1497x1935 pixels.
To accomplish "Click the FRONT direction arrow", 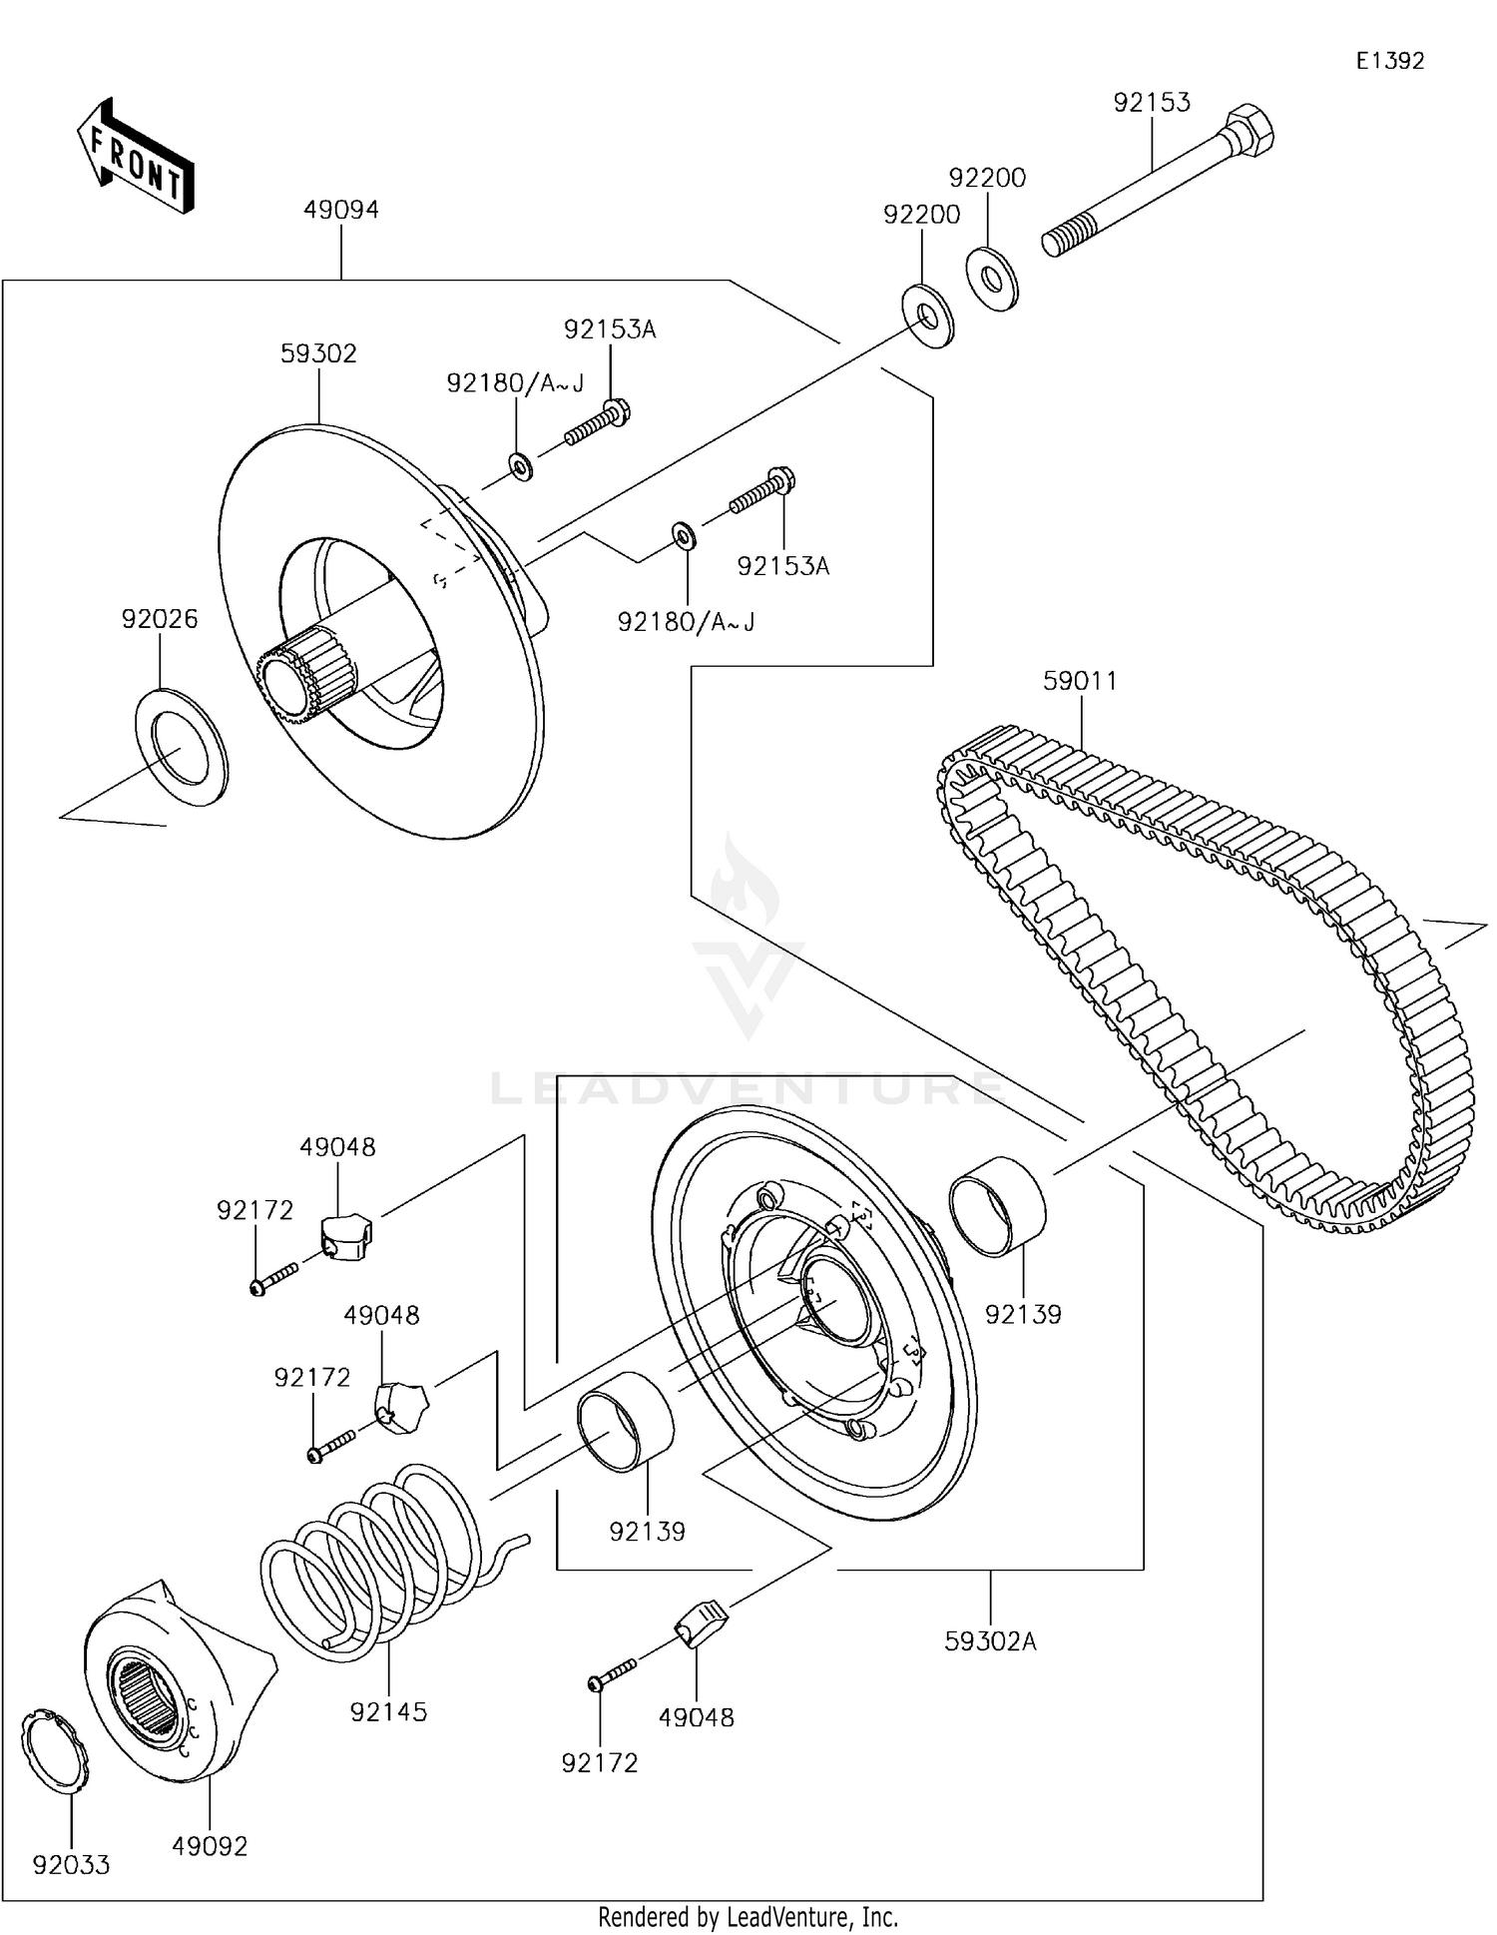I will coord(135,158).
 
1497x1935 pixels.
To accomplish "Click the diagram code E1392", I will coord(1389,61).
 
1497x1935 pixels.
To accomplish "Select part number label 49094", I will coord(341,210).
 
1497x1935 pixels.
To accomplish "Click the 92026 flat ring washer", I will coord(182,747).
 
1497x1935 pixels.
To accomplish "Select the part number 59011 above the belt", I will coord(1080,681).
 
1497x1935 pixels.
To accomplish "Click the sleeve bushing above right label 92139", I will coord(996,1205).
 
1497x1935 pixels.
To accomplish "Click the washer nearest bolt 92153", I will coord(991,277).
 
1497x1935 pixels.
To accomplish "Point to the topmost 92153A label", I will coord(610,329).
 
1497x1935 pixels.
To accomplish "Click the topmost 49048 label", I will coord(337,1147).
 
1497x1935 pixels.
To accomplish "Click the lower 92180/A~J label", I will coord(686,622).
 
